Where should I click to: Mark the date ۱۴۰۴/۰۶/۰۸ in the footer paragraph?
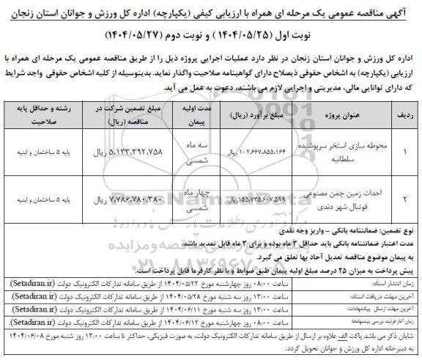click(x=26, y=331)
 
